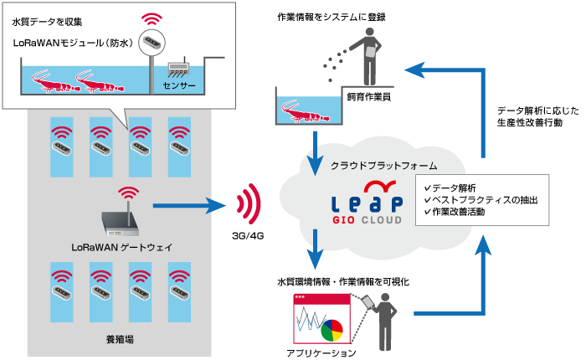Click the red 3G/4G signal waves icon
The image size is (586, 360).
point(244,203)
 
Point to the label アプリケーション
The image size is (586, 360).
point(321,352)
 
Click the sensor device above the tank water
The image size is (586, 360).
point(179,68)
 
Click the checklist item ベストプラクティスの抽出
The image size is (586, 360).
point(481,201)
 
